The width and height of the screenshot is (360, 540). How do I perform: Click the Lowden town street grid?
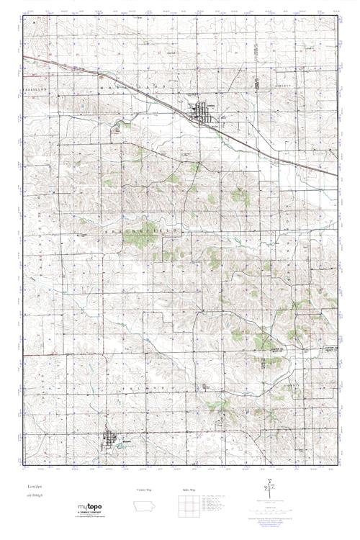[202, 111]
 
